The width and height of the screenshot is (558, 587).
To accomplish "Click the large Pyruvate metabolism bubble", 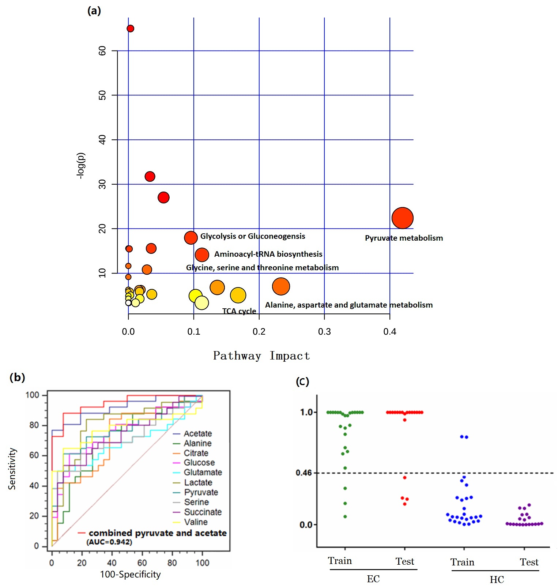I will tap(402, 218).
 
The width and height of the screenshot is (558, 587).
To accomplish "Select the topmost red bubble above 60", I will tap(130, 29).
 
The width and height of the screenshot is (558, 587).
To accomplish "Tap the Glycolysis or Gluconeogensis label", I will tap(252, 236).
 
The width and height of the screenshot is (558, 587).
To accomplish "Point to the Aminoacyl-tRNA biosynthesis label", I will tap(268, 254).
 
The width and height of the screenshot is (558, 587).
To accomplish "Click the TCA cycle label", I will tap(239, 311).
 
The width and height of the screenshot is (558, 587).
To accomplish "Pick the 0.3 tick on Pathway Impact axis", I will tap(324, 332).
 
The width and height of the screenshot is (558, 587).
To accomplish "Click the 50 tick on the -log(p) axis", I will tap(102, 95).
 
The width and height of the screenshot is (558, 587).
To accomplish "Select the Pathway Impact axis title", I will tap(261, 356).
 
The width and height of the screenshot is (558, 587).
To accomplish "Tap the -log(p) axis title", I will tap(80, 165).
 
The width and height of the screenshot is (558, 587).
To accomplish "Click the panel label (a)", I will tap(94, 11).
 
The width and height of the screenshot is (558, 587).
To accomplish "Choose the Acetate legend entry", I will tap(197, 434).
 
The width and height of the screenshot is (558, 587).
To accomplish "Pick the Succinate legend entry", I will tap(203, 512).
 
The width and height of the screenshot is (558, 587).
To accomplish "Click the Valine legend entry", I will tap(196, 522).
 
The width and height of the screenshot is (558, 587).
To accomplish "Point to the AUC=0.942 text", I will tap(109, 542).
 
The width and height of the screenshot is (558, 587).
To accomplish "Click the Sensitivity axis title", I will tap(12, 469).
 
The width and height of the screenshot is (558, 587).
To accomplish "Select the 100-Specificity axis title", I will tap(130, 575).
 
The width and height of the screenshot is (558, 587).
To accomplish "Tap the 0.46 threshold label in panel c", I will tap(303, 473).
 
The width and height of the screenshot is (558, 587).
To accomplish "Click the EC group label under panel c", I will tap(373, 579).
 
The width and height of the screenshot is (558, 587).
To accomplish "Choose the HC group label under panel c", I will tap(497, 580).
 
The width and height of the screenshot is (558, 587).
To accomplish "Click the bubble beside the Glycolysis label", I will tap(191, 238).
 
